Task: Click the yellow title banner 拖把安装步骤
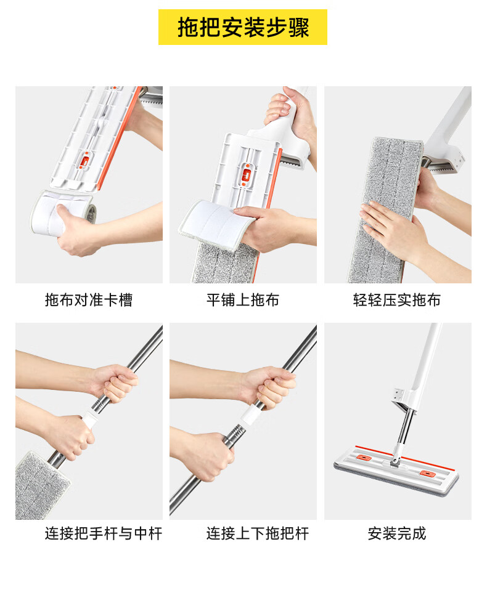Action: tap(243, 27)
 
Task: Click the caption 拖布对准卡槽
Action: tap(89, 300)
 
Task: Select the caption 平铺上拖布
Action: tap(243, 300)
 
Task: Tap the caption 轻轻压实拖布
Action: tap(397, 300)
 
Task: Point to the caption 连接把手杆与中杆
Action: tap(104, 533)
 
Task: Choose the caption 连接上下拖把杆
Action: tap(258, 533)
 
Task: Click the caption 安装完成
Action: tap(397, 533)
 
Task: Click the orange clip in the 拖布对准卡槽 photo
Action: tap(84, 161)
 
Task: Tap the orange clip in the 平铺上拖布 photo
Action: tap(247, 175)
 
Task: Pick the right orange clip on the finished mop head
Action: tap(427, 473)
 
